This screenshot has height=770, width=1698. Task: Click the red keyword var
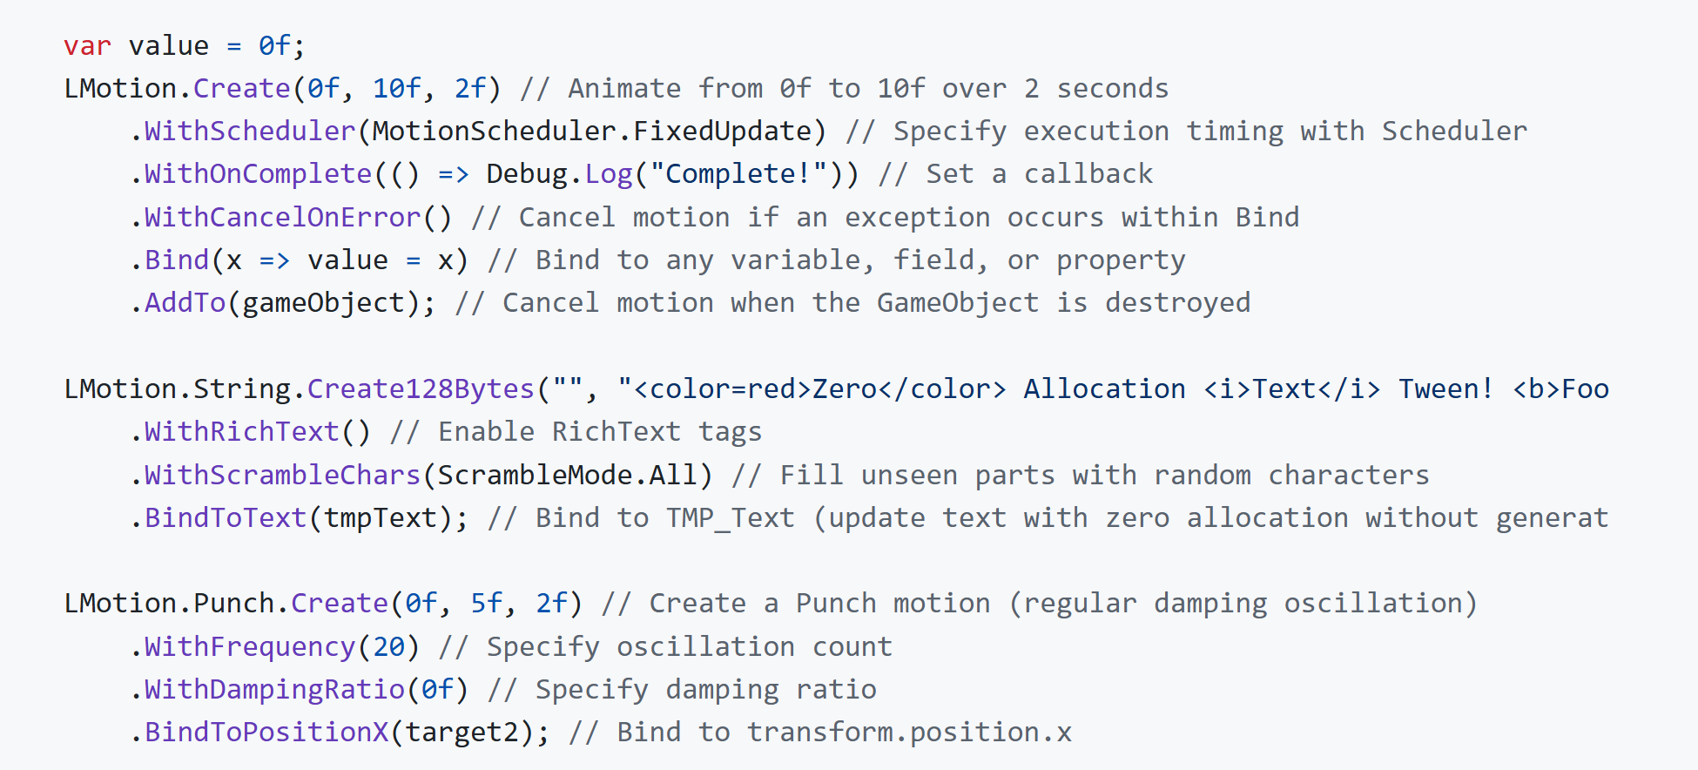pyautogui.click(x=87, y=45)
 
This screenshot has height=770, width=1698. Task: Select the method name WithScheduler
pyautogui.click(x=250, y=131)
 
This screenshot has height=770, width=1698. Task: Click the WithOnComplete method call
pyautogui.click(x=258, y=174)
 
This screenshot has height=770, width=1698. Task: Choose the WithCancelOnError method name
pyautogui.click(x=282, y=217)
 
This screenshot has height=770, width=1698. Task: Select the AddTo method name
pyautogui.click(x=185, y=302)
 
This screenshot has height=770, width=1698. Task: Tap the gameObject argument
pyautogui.click(x=323, y=303)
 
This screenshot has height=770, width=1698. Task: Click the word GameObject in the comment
pyautogui.click(x=958, y=303)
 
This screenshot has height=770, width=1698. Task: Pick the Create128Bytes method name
pyautogui.click(x=421, y=388)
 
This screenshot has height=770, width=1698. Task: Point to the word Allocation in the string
pyautogui.click(x=1104, y=388)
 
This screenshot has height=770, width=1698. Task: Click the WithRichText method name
pyautogui.click(x=241, y=431)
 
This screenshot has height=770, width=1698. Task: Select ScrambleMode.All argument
pyautogui.click(x=567, y=475)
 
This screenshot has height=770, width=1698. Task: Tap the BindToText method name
pyautogui.click(x=226, y=517)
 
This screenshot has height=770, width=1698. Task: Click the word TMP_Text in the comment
pyautogui.click(x=731, y=518)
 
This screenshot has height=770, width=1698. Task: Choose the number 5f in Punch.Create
pyautogui.click(x=487, y=603)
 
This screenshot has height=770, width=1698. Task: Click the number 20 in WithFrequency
pyautogui.click(x=388, y=646)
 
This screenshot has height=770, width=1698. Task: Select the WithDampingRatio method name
pyautogui.click(x=274, y=689)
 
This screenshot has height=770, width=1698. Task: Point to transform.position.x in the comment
pyautogui.click(x=909, y=733)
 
